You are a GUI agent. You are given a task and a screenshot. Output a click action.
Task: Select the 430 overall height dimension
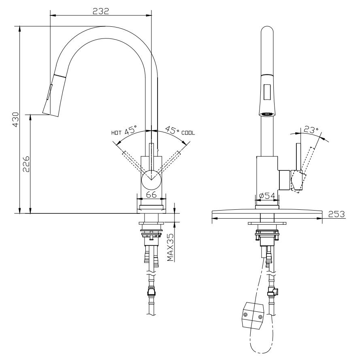(x=15, y=119)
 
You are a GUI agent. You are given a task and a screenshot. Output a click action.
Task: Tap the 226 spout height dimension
(x=26, y=164)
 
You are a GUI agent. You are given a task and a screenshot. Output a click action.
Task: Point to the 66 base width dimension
(x=151, y=195)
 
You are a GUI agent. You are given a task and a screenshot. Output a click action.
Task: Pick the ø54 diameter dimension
(x=267, y=196)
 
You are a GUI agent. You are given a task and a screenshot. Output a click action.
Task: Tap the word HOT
(x=116, y=132)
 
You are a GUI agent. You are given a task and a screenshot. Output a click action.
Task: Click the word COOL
(x=189, y=132)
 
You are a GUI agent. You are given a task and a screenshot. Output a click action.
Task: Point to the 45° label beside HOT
(x=131, y=131)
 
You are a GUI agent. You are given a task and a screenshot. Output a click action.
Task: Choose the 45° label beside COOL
(x=173, y=131)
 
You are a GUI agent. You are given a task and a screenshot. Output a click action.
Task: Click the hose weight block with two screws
(x=252, y=314)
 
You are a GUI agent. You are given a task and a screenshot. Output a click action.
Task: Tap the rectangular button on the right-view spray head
(x=267, y=91)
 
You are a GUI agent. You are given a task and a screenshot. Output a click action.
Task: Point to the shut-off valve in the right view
(x=272, y=293)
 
